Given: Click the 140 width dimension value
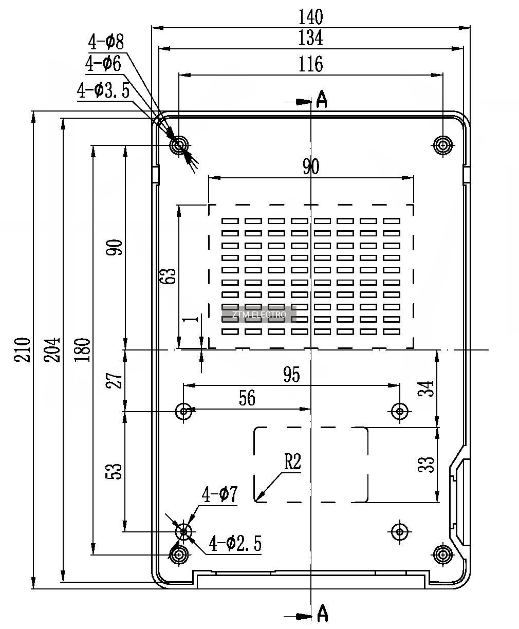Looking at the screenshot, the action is [310, 17].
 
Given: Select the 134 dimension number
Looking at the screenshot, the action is [310, 38].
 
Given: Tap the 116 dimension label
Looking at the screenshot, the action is [310, 64].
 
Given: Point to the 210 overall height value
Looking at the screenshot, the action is [22, 350].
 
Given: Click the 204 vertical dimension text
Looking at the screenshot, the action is [52, 350].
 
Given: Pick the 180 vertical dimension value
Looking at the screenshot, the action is [82, 350].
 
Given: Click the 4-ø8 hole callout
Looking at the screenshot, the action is [106, 42].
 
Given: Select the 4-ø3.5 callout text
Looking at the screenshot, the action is [103, 90].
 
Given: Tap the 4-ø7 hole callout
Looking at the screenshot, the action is [219, 494].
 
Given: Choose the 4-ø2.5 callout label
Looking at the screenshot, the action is [235, 543].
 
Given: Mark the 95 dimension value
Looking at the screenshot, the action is [291, 375].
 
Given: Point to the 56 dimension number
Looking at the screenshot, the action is [247, 398].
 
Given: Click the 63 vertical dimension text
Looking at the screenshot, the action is [168, 276].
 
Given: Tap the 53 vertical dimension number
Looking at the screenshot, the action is [114, 471].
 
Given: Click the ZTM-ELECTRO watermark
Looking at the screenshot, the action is [259, 315].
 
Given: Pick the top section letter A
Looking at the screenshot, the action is [322, 99].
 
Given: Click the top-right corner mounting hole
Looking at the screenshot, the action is [442, 145].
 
